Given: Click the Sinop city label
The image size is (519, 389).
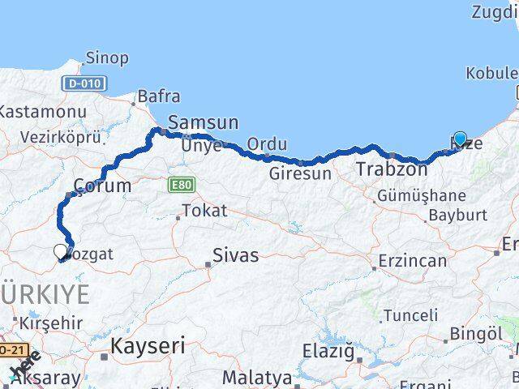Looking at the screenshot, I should tap(108, 58).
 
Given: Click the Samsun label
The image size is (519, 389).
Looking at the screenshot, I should tap(203, 123).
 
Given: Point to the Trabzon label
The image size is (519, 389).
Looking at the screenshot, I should tap(392, 169).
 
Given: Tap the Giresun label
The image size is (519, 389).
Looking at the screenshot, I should tap(301, 173).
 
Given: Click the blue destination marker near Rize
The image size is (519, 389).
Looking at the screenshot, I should tap(461, 139).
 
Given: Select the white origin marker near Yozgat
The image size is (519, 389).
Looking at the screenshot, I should tap(61, 253).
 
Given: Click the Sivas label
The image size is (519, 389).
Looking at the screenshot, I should tap(235, 255).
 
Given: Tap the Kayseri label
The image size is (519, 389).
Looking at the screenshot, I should tap(148, 346).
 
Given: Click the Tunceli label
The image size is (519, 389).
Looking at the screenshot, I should tap(410, 315).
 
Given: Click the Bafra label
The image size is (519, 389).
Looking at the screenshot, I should tap(159, 96).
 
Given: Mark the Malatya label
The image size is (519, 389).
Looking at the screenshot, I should tap(256, 377).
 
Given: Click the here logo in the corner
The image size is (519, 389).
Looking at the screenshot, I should tap(23, 370).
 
